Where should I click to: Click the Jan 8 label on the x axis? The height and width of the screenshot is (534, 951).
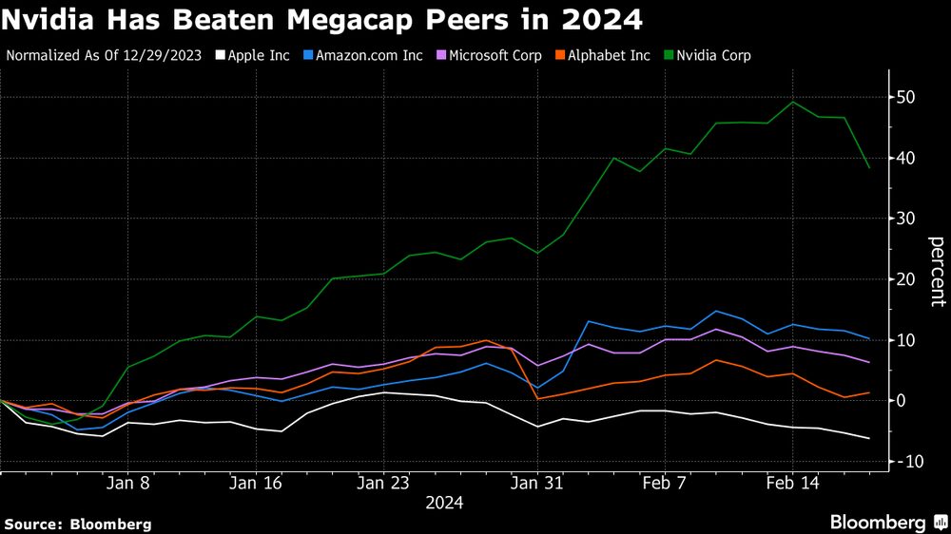(x=131, y=483)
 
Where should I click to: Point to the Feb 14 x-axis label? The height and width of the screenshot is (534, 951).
(x=792, y=483)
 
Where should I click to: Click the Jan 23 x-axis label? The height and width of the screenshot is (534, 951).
(x=382, y=483)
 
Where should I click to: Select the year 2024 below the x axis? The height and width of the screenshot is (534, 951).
(x=444, y=504)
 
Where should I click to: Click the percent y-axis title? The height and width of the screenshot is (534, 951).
(x=937, y=273)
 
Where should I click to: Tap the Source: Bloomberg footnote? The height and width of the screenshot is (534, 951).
(x=77, y=524)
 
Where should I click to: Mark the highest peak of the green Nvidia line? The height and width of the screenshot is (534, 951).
(x=793, y=102)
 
